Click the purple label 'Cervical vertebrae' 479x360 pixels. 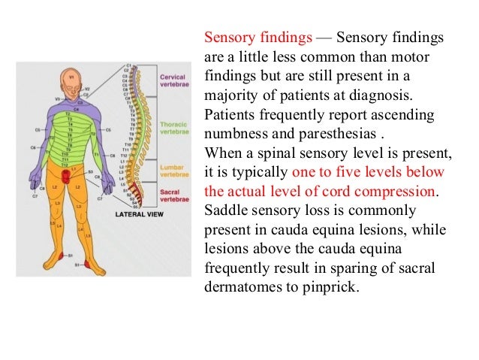[172, 81]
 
